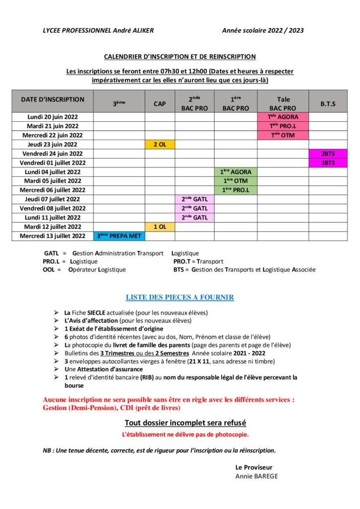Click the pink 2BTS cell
328,154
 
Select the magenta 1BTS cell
328,163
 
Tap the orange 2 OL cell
160,144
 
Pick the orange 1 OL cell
160,227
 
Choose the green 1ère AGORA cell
236,172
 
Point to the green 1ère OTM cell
236,181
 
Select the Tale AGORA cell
282,117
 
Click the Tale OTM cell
282,135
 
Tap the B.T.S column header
328,103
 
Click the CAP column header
160,103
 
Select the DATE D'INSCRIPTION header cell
53,99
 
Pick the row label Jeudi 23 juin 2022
53,144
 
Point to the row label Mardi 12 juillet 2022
53,227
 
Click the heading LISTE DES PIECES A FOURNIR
180,297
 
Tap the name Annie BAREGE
257,476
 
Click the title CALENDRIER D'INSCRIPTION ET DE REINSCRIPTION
180,57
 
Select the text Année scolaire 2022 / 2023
263,30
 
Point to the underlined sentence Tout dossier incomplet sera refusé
185,423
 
